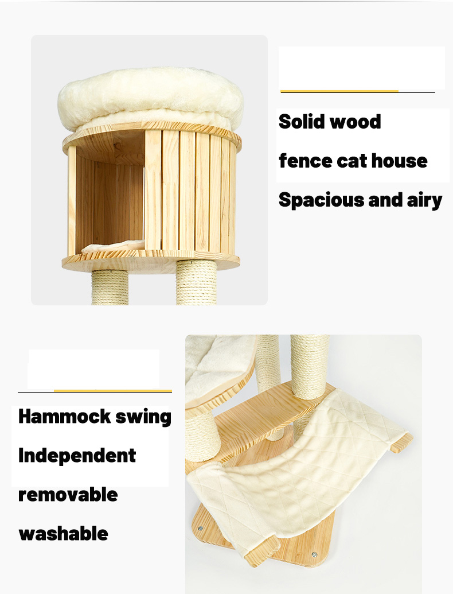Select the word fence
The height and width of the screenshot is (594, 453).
coord(305,161)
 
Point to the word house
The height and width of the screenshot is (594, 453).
coord(399,161)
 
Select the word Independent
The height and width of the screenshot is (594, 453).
coord(77,456)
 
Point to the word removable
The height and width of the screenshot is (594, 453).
coord(68,494)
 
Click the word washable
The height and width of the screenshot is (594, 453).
coord(63,534)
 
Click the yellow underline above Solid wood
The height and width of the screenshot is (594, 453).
coord(339,91)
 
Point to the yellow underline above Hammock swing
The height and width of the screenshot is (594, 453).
coord(112,391)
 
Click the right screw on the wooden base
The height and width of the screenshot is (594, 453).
coord(314,554)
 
